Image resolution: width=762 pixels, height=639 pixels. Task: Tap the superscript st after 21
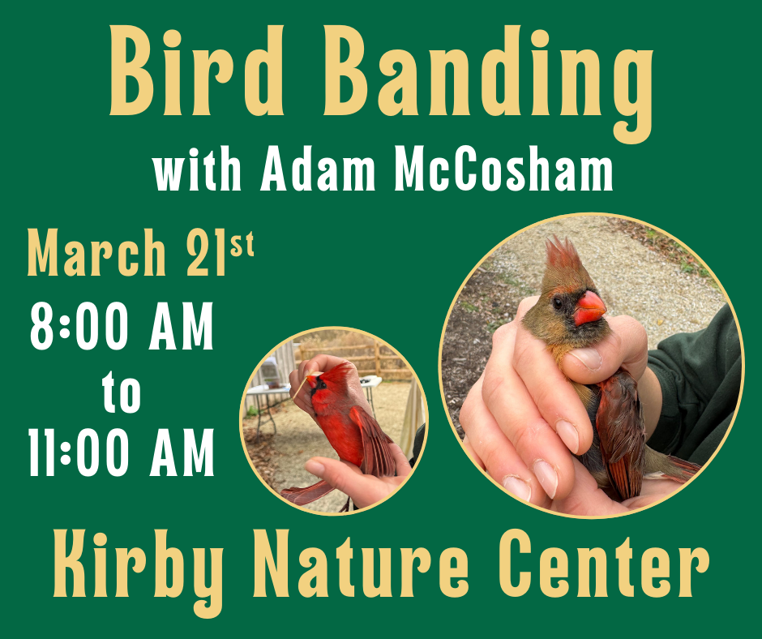pos(242,243)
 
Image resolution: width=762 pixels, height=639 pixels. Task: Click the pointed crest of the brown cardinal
pos(559,251)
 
